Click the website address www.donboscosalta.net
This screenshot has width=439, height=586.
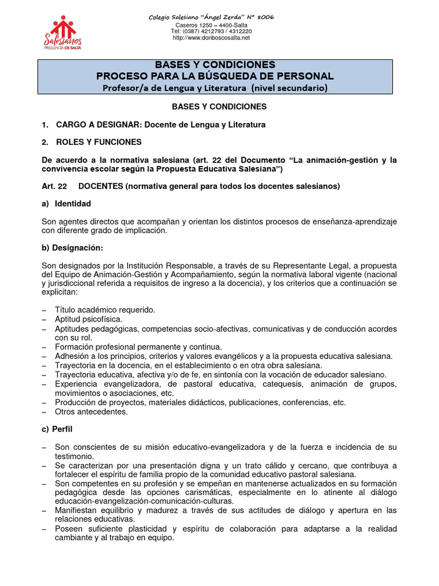(211, 38)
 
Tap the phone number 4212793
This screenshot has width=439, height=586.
(209, 31)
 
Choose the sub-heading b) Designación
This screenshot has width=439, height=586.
(72, 247)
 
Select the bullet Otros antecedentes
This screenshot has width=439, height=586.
(91, 411)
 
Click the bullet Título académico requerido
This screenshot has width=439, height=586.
(105, 310)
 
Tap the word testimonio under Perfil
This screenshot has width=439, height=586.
(74, 456)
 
